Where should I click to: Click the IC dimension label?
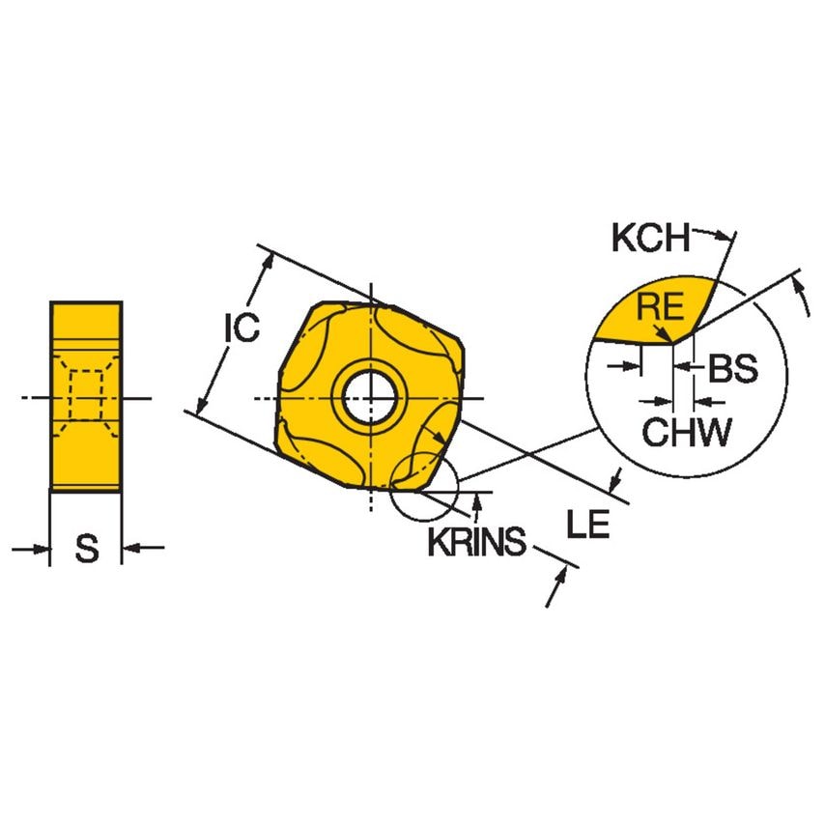coord(242,327)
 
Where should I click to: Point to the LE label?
coord(588,525)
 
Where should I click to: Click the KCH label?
coord(650,238)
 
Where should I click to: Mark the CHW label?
coord(688,433)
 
